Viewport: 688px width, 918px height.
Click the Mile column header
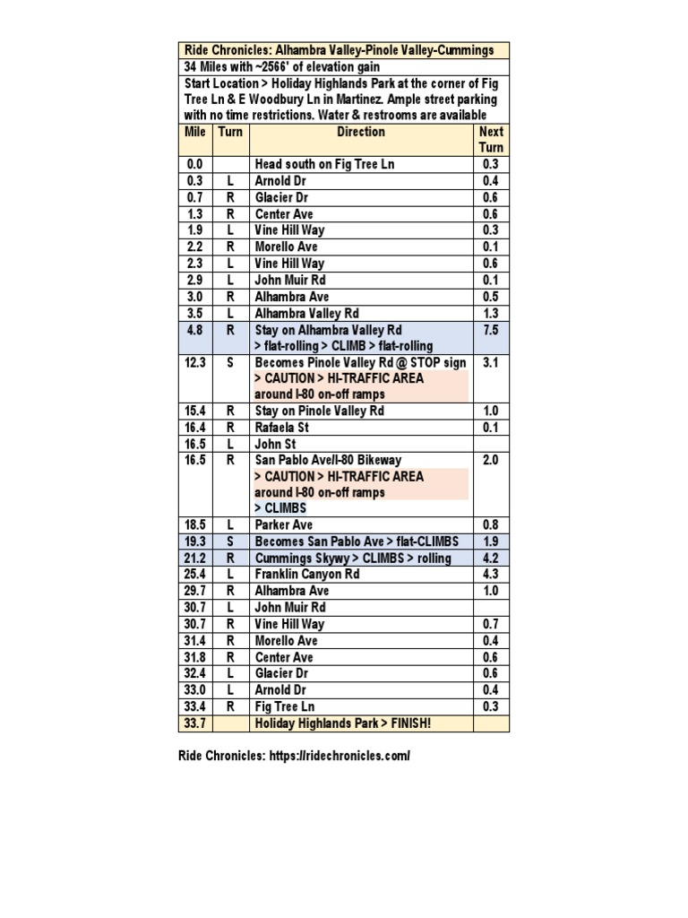coord(195,132)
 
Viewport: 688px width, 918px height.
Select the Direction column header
coord(360,132)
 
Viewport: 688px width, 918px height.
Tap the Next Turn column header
coord(491,139)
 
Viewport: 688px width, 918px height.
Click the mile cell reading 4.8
coord(195,329)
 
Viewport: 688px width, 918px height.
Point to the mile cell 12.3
coord(195,362)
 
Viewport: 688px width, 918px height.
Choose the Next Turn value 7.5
coord(490,329)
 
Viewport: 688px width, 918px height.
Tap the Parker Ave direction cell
coord(285,524)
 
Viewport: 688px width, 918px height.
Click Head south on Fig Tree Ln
coord(324,164)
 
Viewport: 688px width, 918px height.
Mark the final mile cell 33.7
coord(195,723)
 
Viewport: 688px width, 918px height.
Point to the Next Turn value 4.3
coord(490,575)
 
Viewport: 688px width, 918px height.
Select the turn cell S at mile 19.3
coord(230,541)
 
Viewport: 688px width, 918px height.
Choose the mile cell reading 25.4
coord(195,575)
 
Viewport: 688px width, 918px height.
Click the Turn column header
coord(230,132)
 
